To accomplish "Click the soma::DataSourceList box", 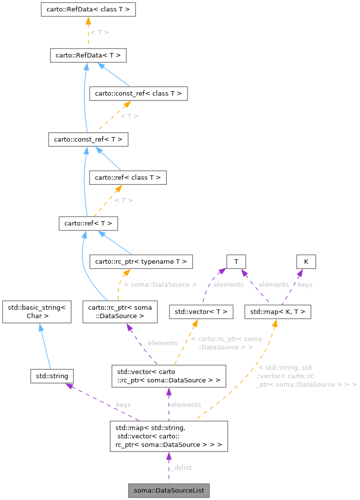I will [169, 491].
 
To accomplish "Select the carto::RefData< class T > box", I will [88, 9].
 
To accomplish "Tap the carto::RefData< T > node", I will [88, 56].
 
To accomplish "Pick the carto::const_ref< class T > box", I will [138, 93].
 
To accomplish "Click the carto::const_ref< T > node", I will [88, 140].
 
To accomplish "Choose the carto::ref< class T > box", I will [128, 177].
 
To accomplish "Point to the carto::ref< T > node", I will [88, 223].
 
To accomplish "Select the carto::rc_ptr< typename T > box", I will [141, 261].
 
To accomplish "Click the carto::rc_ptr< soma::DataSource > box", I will [120, 312].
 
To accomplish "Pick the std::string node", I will [52, 376].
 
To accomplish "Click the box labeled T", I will [237, 261].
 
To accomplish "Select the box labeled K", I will [306, 261].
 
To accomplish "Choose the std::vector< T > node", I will [201, 312].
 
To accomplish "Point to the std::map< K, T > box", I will [278, 312].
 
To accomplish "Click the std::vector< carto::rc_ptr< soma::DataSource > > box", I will [168, 376].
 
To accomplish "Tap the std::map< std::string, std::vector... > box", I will [168, 436].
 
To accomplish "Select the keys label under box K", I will [305, 284].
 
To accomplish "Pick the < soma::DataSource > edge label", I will [160, 284].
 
